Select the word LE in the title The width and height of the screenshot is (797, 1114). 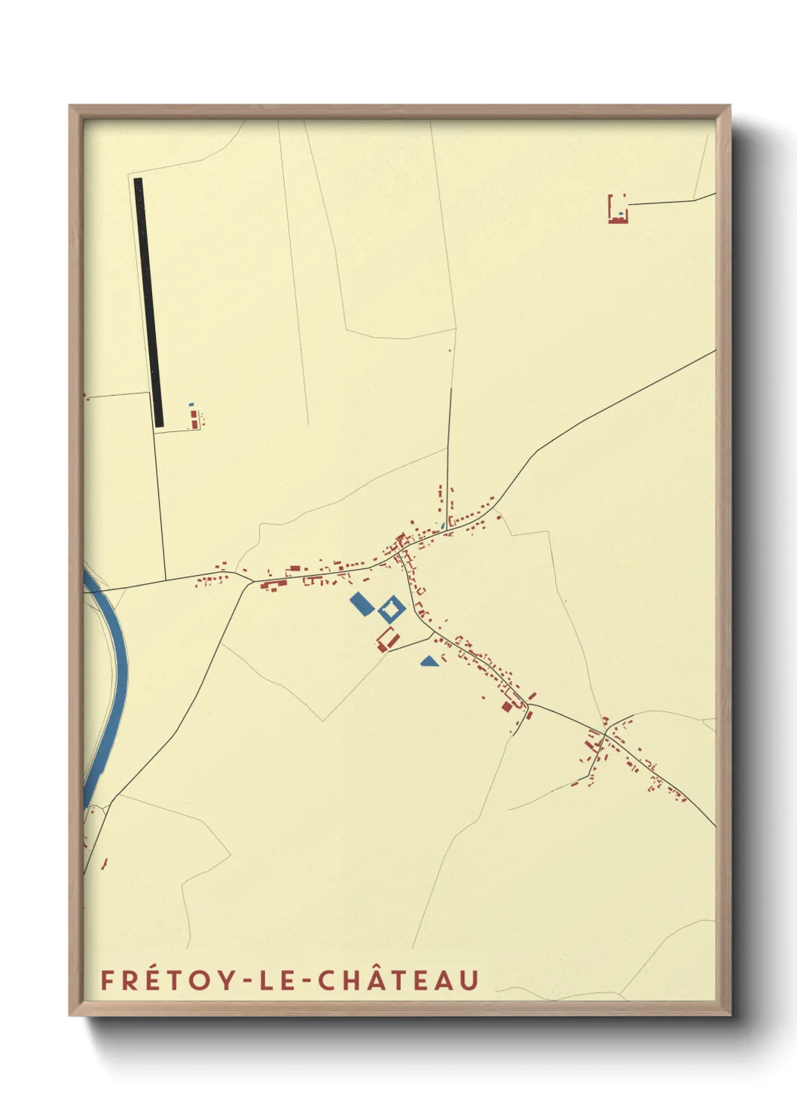[279, 981]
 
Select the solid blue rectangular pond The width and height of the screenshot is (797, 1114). [362, 604]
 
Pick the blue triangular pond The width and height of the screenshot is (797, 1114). [429, 662]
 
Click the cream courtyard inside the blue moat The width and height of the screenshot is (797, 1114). [391, 607]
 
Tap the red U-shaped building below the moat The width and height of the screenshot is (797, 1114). [386, 639]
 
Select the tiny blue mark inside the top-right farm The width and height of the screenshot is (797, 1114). [620, 214]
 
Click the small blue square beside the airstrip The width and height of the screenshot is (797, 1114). [191, 405]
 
